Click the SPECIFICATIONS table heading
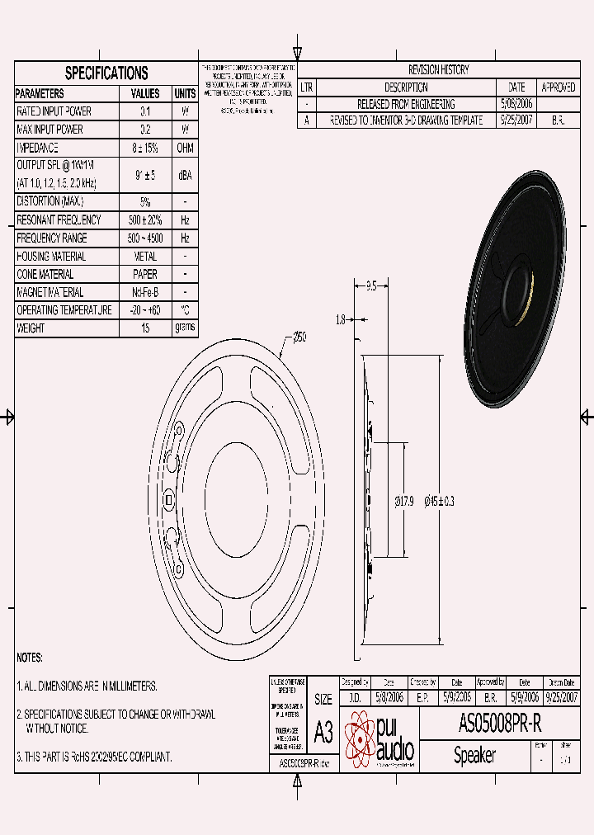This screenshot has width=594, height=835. point(106,73)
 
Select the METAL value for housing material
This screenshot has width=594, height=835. point(145,257)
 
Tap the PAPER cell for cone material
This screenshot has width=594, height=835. point(145,274)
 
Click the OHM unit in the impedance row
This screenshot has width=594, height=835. point(185,148)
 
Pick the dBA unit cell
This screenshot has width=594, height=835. point(185,174)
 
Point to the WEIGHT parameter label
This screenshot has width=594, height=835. point(31,328)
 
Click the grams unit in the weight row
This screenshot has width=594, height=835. point(185,328)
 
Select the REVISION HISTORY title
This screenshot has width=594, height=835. point(438,70)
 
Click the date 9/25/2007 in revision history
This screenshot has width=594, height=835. point(516,120)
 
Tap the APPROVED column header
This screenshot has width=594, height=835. point(558,87)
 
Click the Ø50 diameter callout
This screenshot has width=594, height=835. point(299,337)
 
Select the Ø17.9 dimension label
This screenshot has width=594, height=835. point(403,501)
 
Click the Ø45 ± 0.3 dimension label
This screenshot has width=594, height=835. point(439,501)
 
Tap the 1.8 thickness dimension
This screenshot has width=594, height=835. point(341,318)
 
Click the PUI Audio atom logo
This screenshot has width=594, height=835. point(360,738)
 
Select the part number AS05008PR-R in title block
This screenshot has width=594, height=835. point(499,724)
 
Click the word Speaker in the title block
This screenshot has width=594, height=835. point(474,756)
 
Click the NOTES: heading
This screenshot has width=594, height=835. point(30,658)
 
